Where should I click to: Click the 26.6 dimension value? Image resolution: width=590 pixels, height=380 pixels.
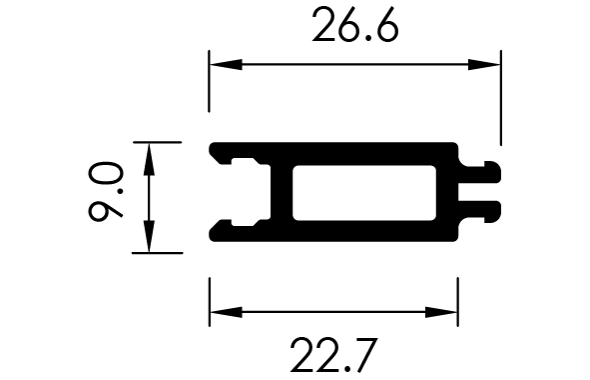354,25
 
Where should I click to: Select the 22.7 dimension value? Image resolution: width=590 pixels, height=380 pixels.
333,355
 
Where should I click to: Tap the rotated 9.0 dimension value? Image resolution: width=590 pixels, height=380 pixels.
106,192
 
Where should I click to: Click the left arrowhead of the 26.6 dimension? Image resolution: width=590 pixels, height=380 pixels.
226,64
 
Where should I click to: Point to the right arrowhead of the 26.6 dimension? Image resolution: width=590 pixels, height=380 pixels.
484,64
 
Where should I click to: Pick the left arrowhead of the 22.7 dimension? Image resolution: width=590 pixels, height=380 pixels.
226,312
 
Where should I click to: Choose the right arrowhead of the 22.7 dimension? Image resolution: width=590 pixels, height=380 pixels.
441,312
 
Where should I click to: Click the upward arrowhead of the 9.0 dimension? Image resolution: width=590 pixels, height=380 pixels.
149,159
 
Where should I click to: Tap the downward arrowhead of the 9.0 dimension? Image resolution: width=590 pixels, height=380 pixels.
149,236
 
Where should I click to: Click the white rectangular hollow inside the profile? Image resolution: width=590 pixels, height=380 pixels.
364,193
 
